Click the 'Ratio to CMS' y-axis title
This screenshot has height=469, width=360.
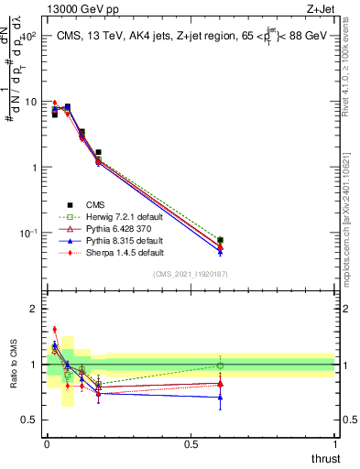tap(14, 365)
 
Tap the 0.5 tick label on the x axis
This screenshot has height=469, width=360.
tap(191, 444)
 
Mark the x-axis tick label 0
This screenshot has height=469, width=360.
tap(47, 444)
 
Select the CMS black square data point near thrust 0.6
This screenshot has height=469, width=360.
tap(220, 240)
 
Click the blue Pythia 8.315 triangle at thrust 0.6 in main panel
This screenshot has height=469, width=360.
tap(220, 250)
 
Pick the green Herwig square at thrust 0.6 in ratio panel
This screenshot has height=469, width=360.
tap(220, 365)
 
